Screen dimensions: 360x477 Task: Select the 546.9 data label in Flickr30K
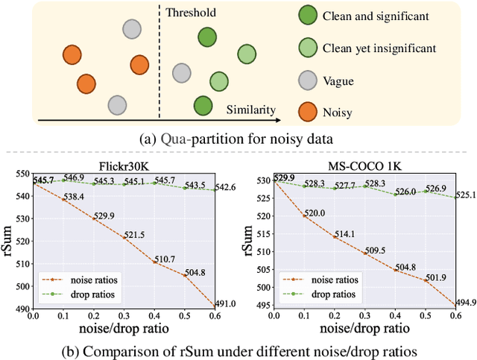click(74, 178)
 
